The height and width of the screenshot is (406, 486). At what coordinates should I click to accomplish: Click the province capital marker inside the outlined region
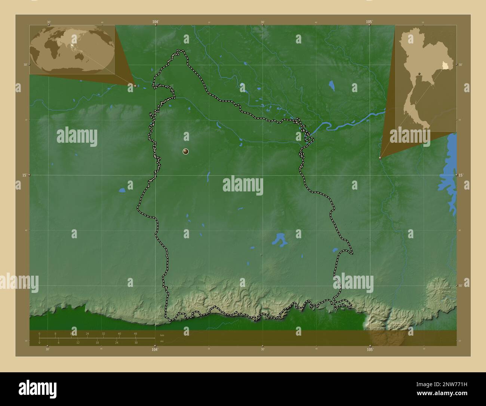(186, 151)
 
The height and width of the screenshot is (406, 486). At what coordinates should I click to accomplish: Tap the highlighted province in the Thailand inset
(445, 66)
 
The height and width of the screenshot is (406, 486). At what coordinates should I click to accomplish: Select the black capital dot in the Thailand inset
(419, 73)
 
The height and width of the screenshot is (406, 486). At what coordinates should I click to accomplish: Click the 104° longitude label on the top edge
(156, 22)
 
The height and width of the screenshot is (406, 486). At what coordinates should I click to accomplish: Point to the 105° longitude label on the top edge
(369, 22)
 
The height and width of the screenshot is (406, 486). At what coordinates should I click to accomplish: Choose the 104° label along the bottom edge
(155, 349)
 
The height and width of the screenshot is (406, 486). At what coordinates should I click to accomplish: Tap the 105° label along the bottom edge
(370, 349)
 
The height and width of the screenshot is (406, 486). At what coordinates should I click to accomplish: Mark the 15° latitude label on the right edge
(461, 175)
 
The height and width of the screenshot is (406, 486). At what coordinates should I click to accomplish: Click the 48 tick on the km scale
(135, 334)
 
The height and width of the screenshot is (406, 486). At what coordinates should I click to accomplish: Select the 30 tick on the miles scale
(136, 342)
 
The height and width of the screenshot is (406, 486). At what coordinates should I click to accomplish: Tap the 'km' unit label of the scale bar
(162, 335)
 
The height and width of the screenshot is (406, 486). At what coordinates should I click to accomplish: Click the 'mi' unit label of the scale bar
(162, 341)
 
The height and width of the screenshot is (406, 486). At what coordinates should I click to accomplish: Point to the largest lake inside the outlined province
(279, 240)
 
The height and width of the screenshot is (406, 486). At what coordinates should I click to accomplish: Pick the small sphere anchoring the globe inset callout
(135, 86)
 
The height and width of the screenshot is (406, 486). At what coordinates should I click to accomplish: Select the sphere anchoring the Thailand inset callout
(380, 158)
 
